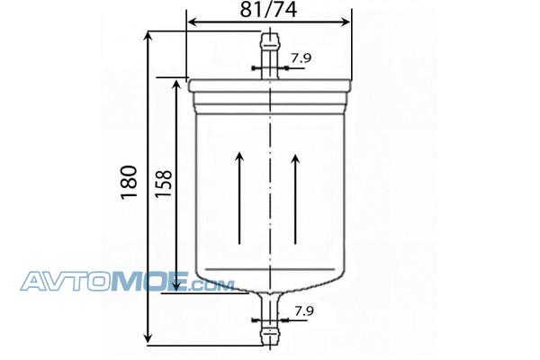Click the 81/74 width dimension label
pos(268,10)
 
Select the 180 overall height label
pos(129,182)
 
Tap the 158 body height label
pos(163,184)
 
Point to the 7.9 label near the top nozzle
pos(301,58)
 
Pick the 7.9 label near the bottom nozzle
pos(304,311)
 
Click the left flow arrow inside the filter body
pos(239,198)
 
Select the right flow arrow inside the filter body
pos(295,199)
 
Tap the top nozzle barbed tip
pos(270,40)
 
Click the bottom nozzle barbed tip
pos(270,337)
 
